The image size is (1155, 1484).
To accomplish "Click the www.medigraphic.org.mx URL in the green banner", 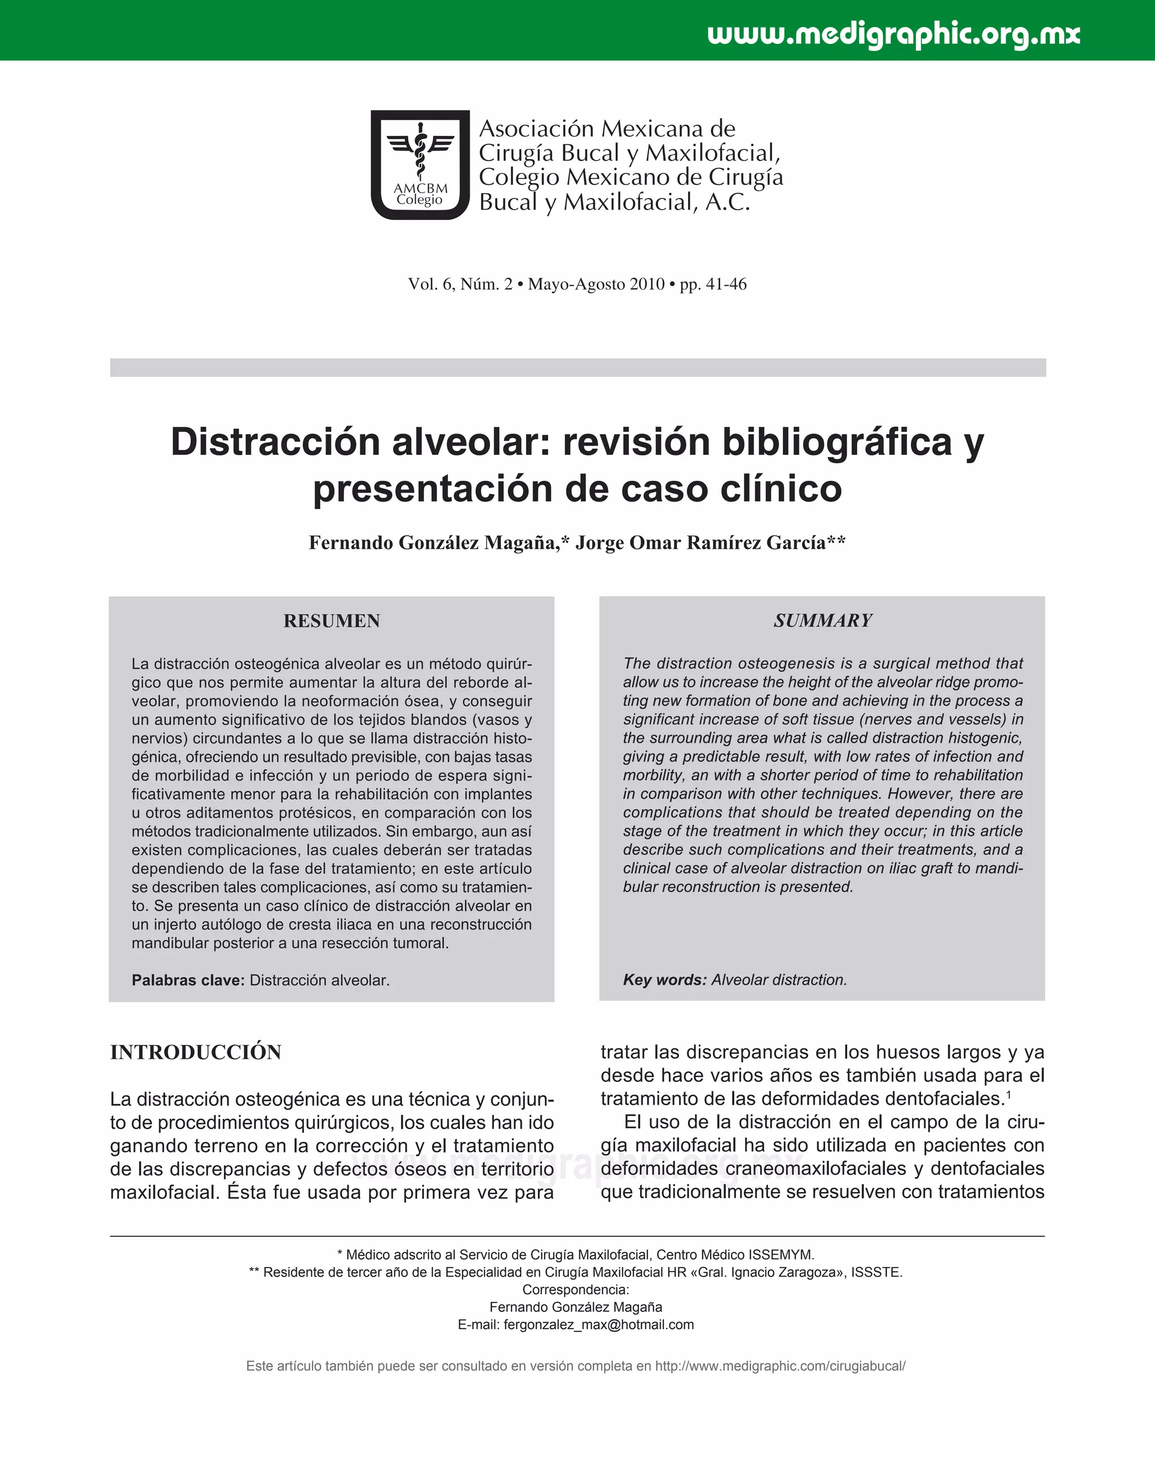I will coord(893,34).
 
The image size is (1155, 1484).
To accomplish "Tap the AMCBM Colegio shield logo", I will coord(420,165).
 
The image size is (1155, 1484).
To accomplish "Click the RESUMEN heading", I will coord(331,621).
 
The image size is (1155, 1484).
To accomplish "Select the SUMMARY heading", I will coord(823,621).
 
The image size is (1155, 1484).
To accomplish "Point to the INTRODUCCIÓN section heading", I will coord(196,1052).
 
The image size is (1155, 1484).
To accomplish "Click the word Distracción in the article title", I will coord(275,442).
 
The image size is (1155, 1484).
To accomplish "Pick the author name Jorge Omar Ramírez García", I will coord(700,543).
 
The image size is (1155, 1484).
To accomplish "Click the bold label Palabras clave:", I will coord(188,981).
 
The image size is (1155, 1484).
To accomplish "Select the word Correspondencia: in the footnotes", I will coord(576,1290).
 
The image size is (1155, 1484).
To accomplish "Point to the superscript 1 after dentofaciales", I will coord(1009,1095).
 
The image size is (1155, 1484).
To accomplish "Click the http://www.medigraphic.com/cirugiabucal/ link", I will coord(780,1366).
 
